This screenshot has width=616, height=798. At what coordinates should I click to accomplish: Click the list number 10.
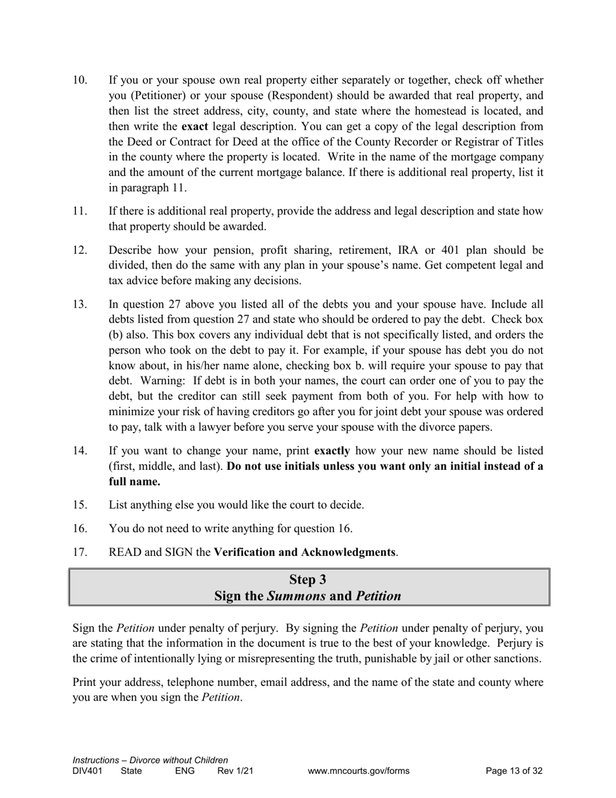click(x=80, y=80)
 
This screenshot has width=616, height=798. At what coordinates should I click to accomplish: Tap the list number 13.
click(x=80, y=304)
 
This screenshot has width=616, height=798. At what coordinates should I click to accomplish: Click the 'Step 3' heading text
click(x=308, y=579)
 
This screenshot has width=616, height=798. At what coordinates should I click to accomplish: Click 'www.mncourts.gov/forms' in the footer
click(x=359, y=771)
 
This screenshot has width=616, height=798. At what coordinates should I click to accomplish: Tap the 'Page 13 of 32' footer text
click(x=514, y=771)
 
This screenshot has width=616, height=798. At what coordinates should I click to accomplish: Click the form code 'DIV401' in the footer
click(x=88, y=771)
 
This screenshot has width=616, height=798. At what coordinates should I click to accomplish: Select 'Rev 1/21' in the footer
click(x=235, y=771)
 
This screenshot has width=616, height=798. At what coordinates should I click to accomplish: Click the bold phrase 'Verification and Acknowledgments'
click(x=305, y=553)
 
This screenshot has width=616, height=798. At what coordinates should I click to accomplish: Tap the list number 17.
click(x=80, y=553)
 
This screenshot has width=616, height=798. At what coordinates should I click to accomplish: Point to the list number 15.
click(x=80, y=505)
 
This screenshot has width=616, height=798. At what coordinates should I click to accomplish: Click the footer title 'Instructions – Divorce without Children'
click(x=150, y=760)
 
